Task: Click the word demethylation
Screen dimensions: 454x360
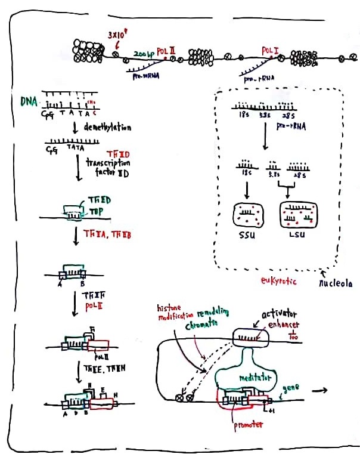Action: [x=107, y=127]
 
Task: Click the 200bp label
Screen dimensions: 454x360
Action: [x=144, y=54]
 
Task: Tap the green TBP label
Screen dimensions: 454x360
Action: [x=97, y=211]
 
